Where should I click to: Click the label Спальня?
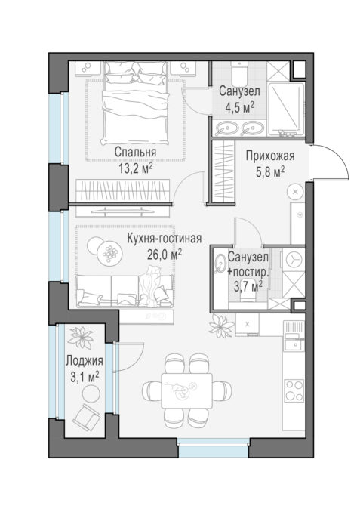[135, 152]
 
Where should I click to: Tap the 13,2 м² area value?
[136, 168]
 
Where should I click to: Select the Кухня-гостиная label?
[165, 239]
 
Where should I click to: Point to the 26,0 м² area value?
[165, 255]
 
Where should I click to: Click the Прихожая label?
[270, 156]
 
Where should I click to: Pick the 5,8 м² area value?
[270, 172]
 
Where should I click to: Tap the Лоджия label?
[85, 361]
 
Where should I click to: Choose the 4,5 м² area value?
[239, 107]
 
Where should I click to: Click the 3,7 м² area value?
[248, 286]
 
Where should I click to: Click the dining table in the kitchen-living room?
[186, 390]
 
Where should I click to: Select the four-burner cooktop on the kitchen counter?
[294, 390]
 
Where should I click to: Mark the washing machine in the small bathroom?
[294, 260]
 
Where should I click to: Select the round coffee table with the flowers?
[109, 254]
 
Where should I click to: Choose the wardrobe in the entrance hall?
[224, 171]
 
